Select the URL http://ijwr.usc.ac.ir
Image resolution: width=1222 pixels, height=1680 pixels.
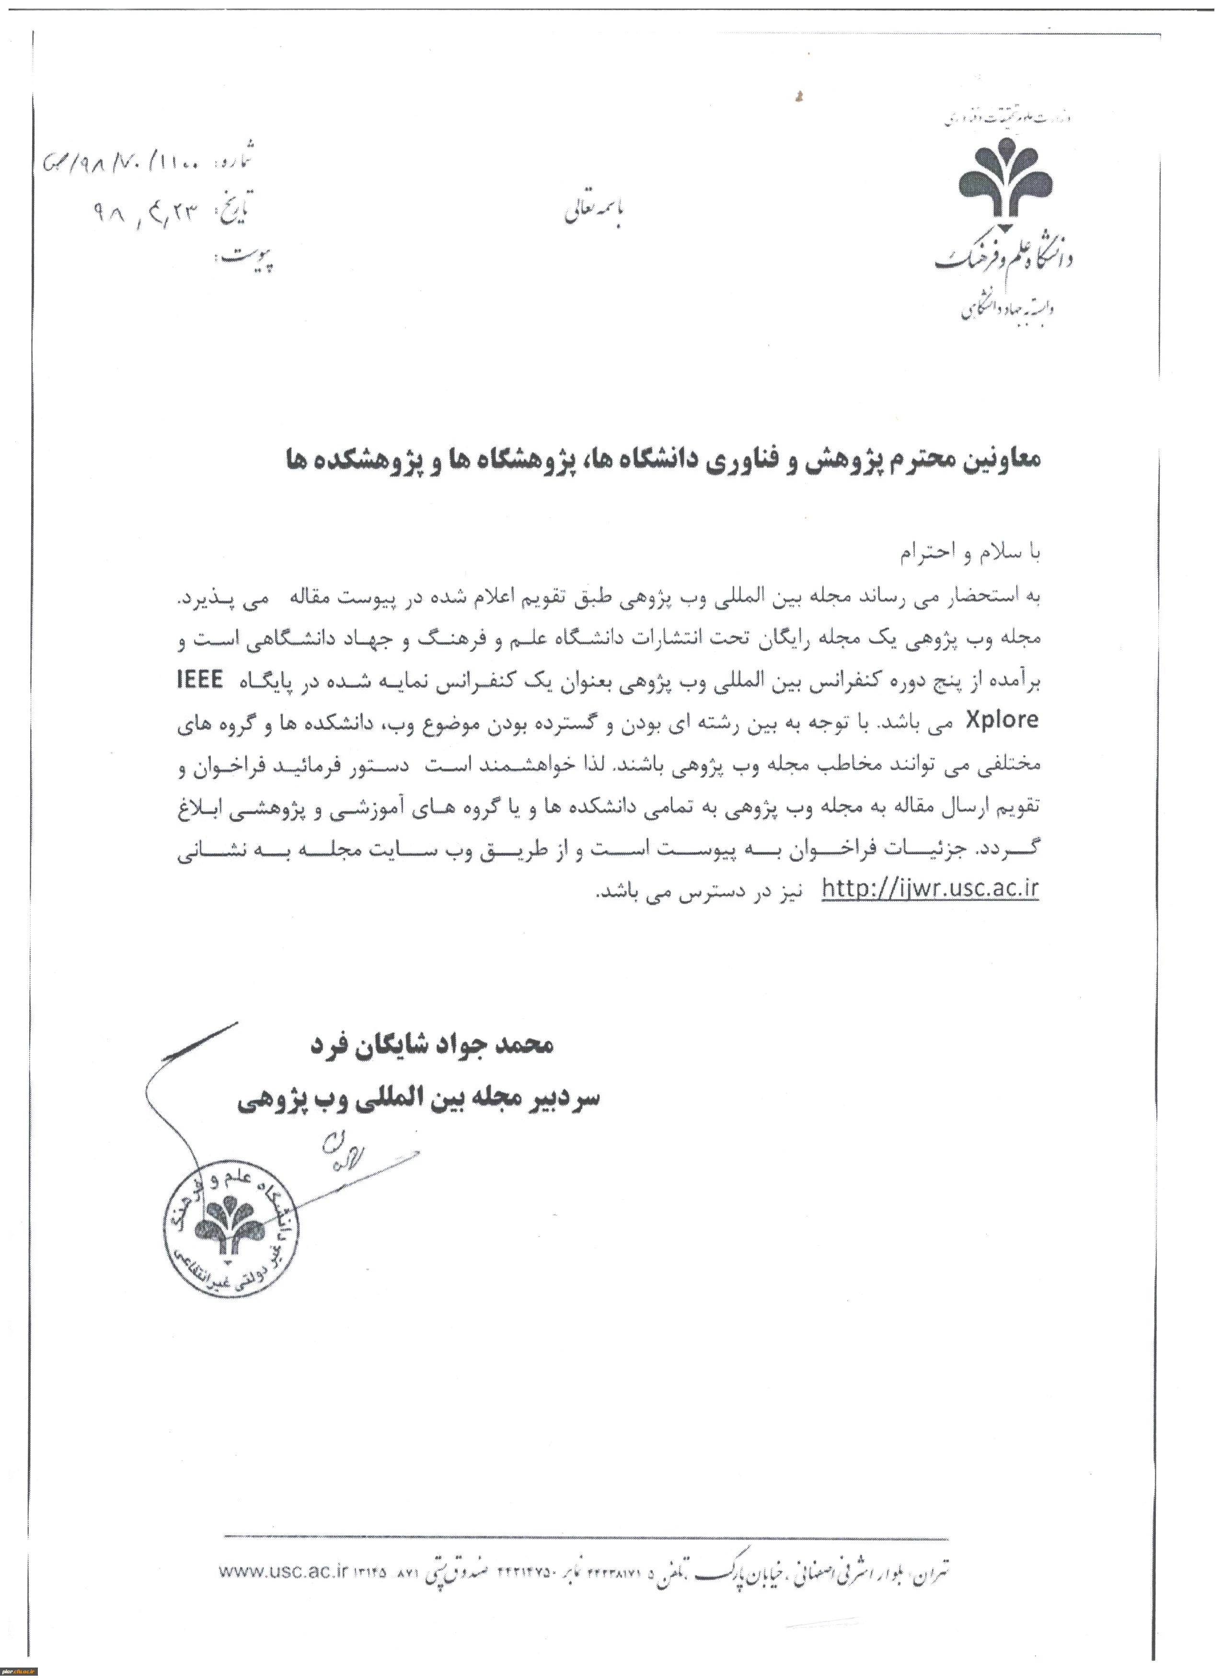pos(930,889)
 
